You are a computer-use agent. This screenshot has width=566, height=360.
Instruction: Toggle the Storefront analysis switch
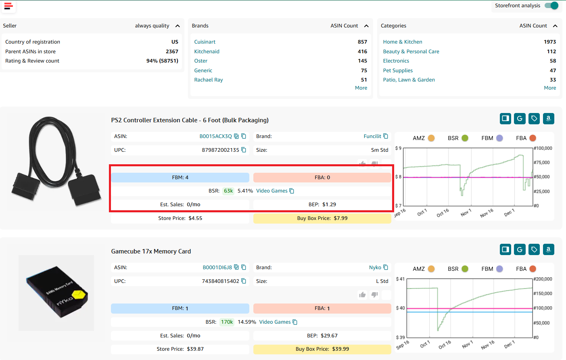pos(551,6)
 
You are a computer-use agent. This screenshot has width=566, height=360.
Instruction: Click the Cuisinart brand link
pos(205,42)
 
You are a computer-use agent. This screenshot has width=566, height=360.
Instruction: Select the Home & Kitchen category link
pos(402,42)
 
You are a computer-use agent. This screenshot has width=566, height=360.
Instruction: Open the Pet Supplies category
pos(397,71)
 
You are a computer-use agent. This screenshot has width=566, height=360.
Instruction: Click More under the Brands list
pos(361,88)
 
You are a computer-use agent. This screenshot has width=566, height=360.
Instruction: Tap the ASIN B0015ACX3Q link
pos(215,136)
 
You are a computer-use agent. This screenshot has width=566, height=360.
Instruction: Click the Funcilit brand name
pos(372,136)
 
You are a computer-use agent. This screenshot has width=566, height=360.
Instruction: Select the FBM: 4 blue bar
pos(180,178)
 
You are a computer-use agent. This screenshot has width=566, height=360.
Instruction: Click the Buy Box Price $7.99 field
pos(322,218)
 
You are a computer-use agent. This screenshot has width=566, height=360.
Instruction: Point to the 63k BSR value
pos(228,191)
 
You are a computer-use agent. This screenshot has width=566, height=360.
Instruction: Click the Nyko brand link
pos(375,268)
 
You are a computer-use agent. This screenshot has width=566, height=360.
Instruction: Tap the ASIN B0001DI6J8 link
pos(217,268)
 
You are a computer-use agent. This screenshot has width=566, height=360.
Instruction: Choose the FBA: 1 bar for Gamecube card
pos(322,309)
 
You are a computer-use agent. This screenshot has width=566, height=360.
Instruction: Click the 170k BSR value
pos(227,322)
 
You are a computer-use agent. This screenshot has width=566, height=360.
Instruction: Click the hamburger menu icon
pos(8,6)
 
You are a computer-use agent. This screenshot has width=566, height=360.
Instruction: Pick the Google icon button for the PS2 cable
pos(520,119)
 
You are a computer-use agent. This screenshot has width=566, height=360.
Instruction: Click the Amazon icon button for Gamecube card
pos(548,249)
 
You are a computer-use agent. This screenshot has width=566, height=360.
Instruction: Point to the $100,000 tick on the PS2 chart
pos(543,149)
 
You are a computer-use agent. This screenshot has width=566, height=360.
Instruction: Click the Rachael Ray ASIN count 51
pos(364,80)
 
